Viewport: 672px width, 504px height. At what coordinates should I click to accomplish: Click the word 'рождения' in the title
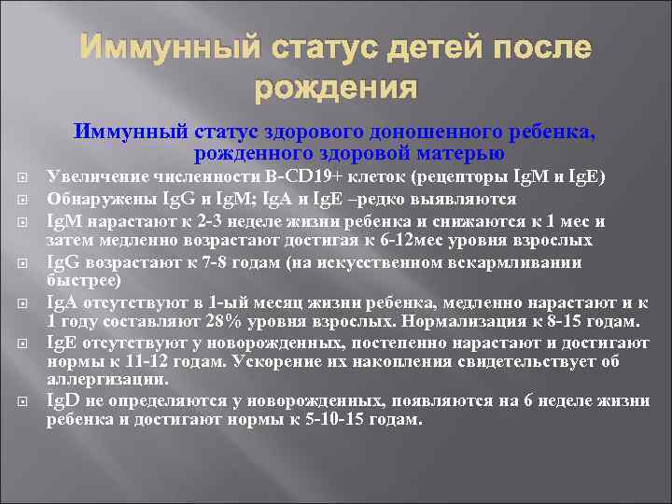pos(335,89)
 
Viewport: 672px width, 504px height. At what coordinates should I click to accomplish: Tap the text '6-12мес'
pos(394,241)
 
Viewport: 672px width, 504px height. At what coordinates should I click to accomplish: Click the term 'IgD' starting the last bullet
pos(60,400)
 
